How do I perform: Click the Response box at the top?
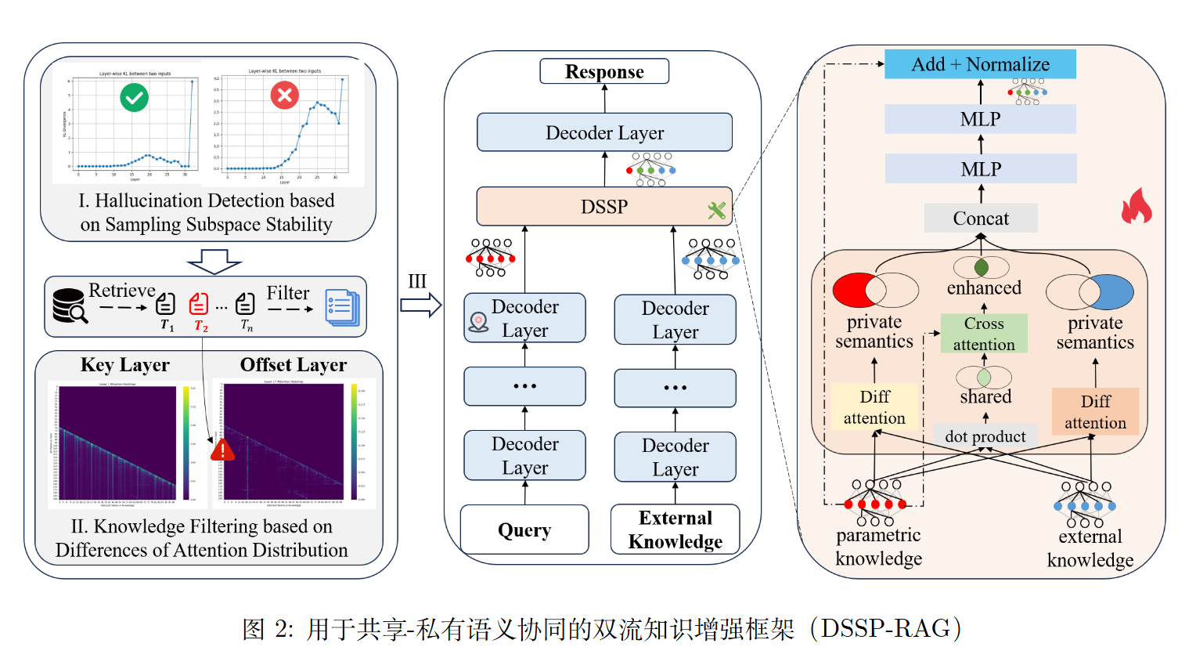604,71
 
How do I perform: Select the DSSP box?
604,207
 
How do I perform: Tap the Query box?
524,530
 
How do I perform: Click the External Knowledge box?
675,530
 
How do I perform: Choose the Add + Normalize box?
980,64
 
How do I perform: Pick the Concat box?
981,219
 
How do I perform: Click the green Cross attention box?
984,334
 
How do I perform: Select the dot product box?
985,436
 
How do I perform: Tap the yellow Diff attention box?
874,407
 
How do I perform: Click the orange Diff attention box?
1095,411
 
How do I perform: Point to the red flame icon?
1137,206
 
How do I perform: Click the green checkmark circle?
135,97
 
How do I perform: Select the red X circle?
284,96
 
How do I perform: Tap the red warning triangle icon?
222,450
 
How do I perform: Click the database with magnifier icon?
69,306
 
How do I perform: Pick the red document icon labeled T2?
199,303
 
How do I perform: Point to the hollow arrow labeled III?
420,305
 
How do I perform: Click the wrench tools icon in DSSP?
716,210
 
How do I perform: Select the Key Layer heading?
124,365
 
